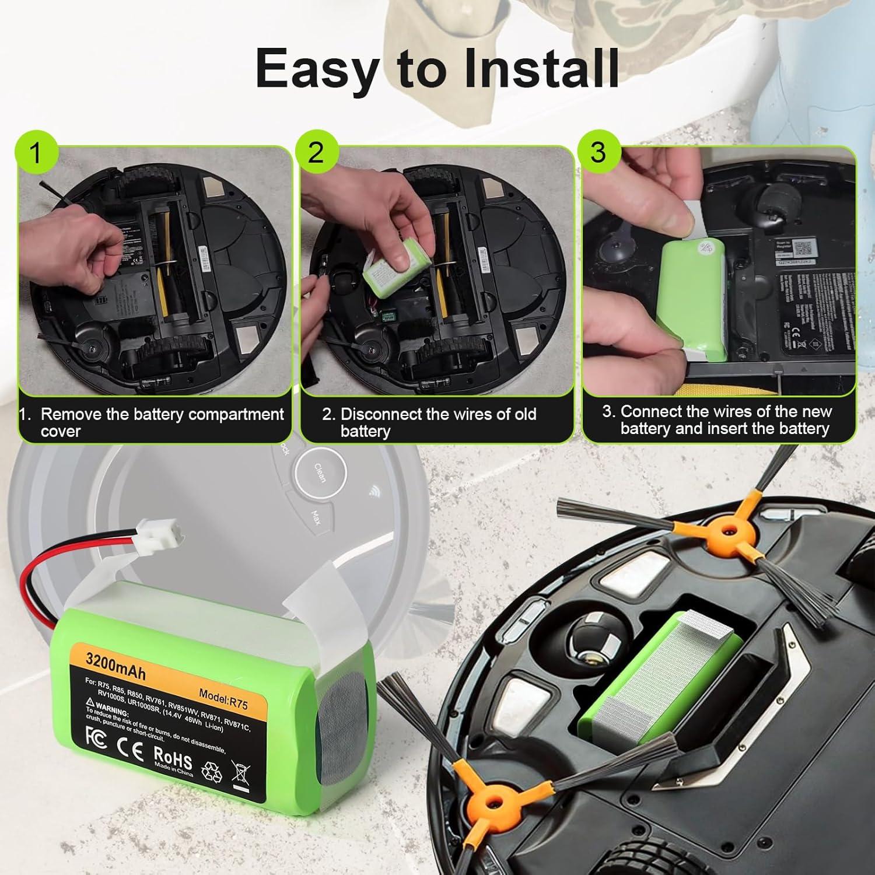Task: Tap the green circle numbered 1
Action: point(36,153)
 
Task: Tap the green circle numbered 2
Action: point(316,152)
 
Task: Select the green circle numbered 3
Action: point(598,152)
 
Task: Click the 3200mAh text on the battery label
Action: point(115,666)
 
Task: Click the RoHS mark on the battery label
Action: point(173,757)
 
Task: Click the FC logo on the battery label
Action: point(96,736)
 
